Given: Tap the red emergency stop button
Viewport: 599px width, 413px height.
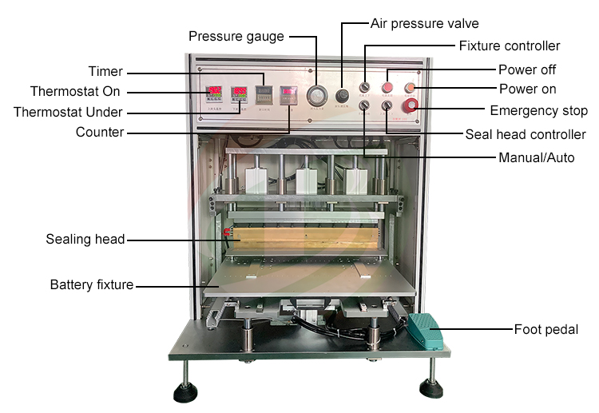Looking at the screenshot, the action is click(411, 105).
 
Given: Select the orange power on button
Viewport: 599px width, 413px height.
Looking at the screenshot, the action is click(410, 87).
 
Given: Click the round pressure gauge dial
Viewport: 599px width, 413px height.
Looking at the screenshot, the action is click(318, 95).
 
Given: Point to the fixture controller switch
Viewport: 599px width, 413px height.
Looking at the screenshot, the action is click(365, 87).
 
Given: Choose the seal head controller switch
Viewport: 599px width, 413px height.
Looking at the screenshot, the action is click(387, 105).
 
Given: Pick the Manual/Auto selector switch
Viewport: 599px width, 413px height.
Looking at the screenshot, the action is click(365, 105).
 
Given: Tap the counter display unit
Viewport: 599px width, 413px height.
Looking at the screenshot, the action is click(288, 94).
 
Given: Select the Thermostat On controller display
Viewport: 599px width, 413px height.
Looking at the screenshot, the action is click(214, 94).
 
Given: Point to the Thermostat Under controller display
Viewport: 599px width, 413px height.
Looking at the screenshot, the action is click(239, 94).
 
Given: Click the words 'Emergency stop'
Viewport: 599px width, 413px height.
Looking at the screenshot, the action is click(539, 110).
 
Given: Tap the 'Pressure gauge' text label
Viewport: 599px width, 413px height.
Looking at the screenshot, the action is click(236, 36).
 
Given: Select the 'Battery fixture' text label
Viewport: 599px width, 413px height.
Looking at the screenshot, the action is click(92, 284).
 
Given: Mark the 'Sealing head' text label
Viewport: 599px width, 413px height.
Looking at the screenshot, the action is click(85, 239).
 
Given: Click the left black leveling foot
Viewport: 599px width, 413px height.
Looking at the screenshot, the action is click(185, 393).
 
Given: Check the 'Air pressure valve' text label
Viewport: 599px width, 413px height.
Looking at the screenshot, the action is click(425, 23).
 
